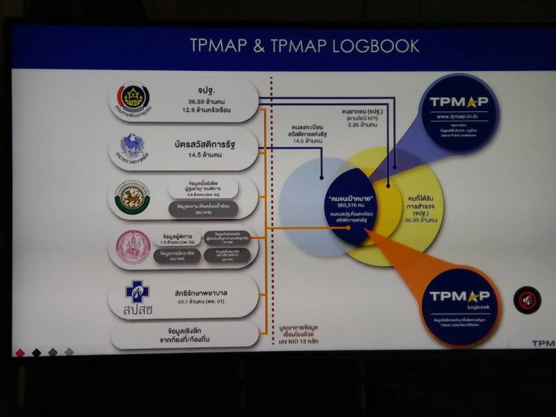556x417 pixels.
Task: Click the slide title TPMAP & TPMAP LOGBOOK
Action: [x=304, y=46]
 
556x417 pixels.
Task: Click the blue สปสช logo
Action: [x=138, y=295]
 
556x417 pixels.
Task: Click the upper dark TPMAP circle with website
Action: [x=459, y=112]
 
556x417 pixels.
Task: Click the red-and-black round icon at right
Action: [x=527, y=300]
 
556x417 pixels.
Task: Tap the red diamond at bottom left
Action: [x=19, y=352]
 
